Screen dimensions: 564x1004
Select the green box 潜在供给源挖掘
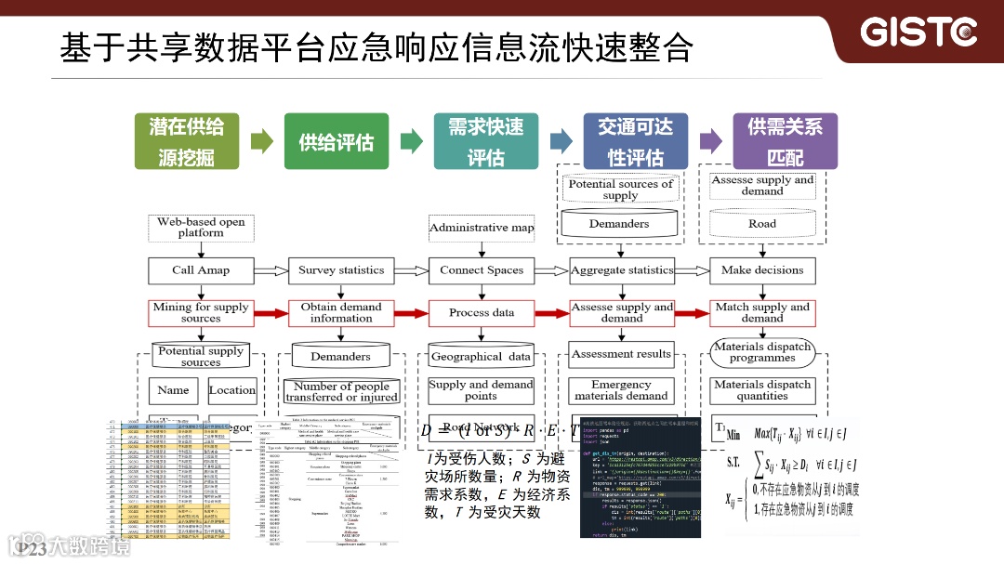pyautogui.click(x=186, y=141)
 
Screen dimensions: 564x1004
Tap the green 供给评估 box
pyautogui.click(x=336, y=141)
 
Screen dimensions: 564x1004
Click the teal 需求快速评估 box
pyautogui.click(x=485, y=141)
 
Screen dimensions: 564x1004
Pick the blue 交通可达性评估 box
pyautogui.click(x=635, y=141)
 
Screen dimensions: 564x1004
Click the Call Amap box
pyautogui.click(x=201, y=270)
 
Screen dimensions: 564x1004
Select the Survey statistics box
pyautogui.click(x=341, y=270)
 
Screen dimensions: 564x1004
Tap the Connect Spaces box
pyautogui.click(x=482, y=270)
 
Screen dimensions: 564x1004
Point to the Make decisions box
pyautogui.click(x=762, y=270)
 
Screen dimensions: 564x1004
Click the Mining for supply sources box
pyautogui.click(x=201, y=312)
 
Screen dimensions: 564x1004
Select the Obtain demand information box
pyautogui.click(x=341, y=312)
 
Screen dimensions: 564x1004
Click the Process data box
pyautogui.click(x=482, y=312)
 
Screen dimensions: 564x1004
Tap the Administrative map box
pyautogui.click(x=482, y=228)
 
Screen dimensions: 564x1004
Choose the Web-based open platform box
pyautogui.click(x=201, y=228)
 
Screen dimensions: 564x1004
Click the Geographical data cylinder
pyautogui.click(x=482, y=356)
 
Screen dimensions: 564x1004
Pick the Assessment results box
pyautogui.click(x=621, y=354)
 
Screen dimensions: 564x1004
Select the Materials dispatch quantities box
pyautogui.click(x=762, y=390)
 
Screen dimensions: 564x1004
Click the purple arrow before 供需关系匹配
pyautogui.click(x=711, y=141)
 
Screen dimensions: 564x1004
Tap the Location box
pyautogui.click(x=232, y=390)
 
